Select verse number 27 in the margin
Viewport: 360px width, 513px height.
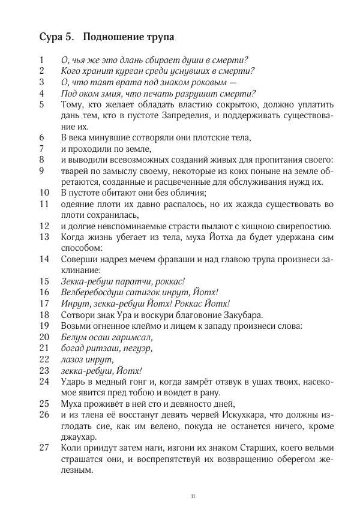click(x=44, y=448)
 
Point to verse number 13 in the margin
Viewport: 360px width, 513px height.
click(x=44, y=237)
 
